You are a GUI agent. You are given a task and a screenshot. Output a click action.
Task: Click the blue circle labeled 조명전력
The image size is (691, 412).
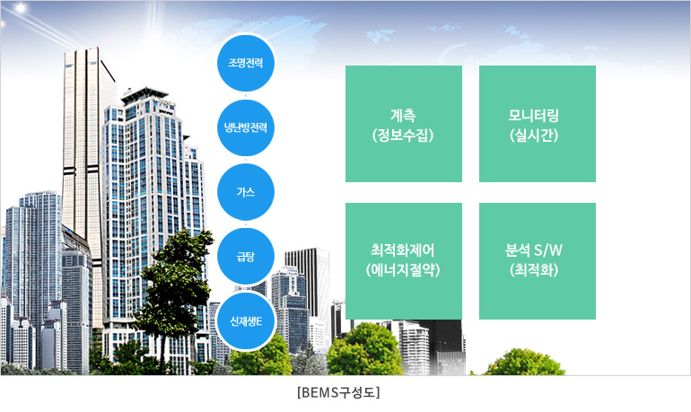click(246, 63)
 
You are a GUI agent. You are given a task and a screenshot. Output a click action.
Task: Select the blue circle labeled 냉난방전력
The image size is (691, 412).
click(246, 127)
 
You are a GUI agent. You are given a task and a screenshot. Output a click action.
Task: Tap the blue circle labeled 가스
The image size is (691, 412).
click(246, 192)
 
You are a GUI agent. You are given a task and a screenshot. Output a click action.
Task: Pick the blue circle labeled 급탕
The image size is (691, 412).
click(246, 257)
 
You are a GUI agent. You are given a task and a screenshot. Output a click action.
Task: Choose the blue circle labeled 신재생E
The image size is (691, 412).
click(246, 321)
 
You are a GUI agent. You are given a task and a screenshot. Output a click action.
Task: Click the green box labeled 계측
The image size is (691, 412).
click(404, 124)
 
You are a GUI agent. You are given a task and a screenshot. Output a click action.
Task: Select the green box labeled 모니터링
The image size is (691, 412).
click(538, 124)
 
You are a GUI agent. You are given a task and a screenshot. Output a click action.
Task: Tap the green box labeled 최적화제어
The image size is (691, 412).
click(404, 261)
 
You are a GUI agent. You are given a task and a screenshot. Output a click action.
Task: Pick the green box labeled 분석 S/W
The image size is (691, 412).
click(538, 261)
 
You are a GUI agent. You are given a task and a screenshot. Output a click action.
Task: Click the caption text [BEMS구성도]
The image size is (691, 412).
click(338, 392)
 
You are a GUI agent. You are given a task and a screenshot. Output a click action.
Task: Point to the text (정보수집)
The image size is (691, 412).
click(403, 135)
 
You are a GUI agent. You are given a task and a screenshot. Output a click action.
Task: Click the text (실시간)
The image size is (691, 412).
click(534, 135)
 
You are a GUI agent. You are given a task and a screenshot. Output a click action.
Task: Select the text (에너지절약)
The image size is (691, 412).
click(403, 269)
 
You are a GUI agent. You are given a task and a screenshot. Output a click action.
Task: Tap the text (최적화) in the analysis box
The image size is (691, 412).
click(534, 269)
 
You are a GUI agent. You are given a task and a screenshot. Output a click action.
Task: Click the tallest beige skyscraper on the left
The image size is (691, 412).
click(84, 176)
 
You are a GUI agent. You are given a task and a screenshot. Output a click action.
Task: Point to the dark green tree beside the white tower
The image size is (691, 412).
click(176, 286)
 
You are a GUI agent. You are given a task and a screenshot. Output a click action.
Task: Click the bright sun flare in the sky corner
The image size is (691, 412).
click(20, 8)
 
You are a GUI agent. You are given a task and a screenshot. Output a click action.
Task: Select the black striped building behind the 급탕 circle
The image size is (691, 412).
click(307, 282)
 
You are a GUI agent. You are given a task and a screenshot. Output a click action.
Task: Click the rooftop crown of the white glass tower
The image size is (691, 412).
click(144, 96)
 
